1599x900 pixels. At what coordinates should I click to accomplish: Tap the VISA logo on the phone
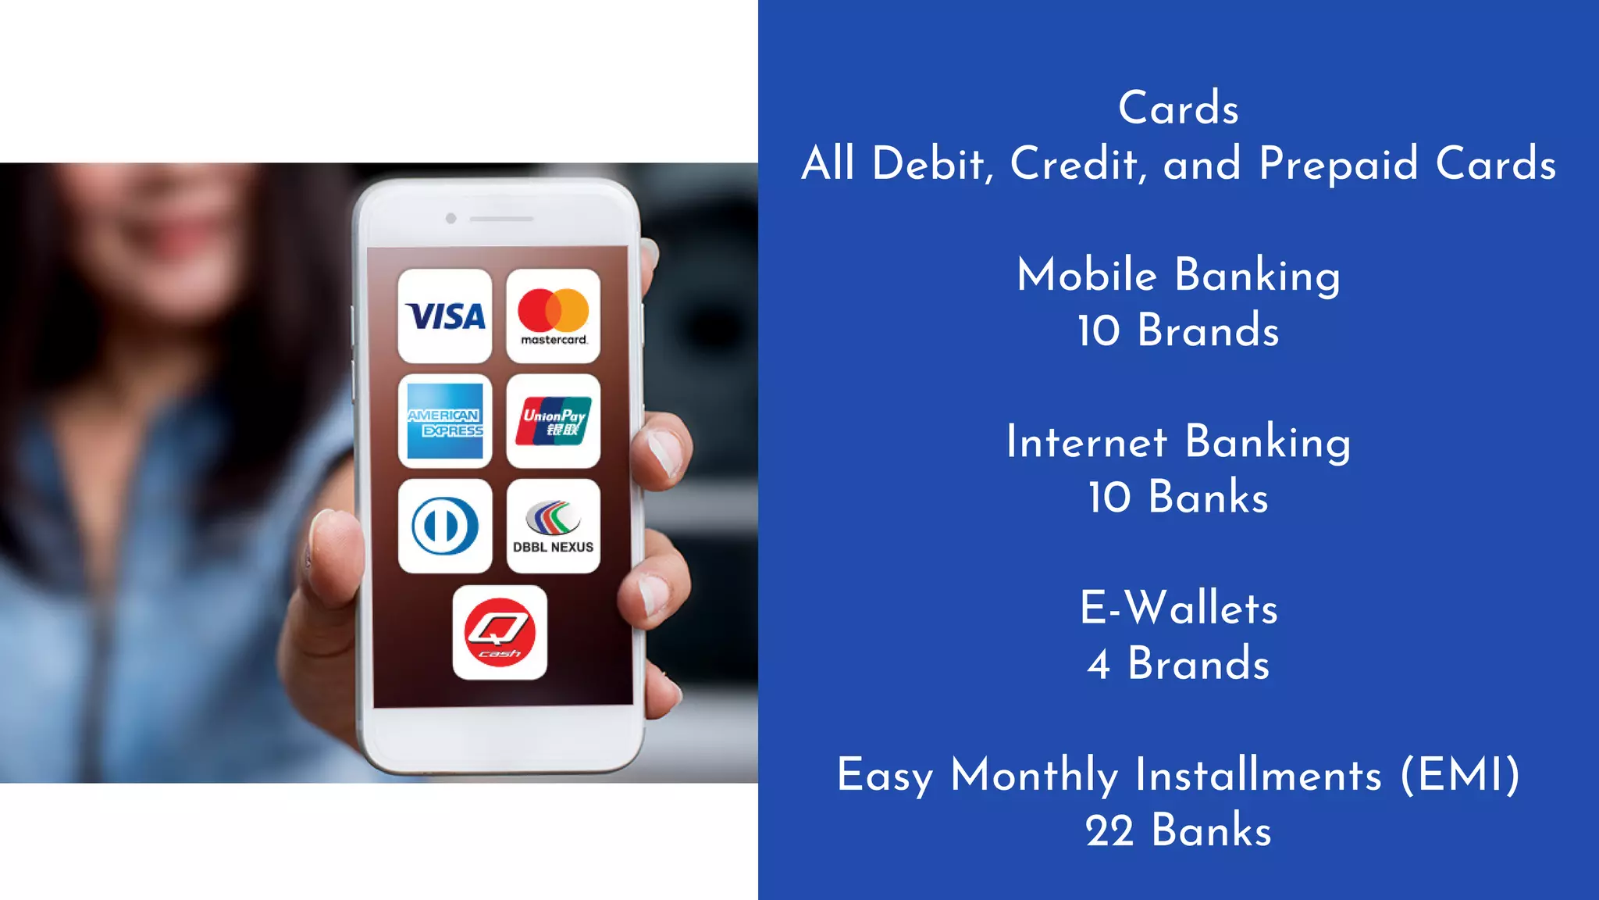(x=445, y=316)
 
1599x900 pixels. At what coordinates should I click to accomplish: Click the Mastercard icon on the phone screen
(x=553, y=316)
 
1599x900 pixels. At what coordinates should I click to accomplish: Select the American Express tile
(x=445, y=422)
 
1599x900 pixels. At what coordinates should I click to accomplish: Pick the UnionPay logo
(x=553, y=422)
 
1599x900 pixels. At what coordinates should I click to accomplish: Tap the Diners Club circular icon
(x=445, y=527)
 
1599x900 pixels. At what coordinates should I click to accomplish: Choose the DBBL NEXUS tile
(x=553, y=527)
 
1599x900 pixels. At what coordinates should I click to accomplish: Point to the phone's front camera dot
(x=450, y=218)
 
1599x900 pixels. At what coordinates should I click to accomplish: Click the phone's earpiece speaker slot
(x=501, y=219)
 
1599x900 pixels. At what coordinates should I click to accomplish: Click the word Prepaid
(x=1338, y=164)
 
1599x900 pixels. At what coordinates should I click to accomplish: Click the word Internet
(x=1087, y=442)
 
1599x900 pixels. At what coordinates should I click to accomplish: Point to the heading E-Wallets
(x=1179, y=609)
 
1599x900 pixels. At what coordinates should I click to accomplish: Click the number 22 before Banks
(x=1109, y=831)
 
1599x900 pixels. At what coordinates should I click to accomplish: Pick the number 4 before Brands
(x=1099, y=665)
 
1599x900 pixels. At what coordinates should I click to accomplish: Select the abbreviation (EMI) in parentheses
(x=1460, y=775)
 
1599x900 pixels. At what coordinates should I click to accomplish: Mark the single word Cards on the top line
(x=1179, y=108)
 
